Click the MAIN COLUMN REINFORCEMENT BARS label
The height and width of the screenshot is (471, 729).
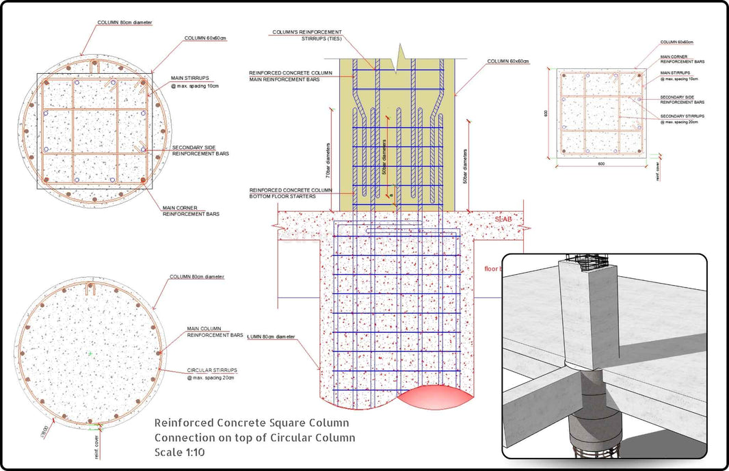[x=215, y=332]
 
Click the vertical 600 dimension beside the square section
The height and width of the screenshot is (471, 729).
[x=546, y=113]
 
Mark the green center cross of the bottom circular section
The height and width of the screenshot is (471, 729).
[x=90, y=353]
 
